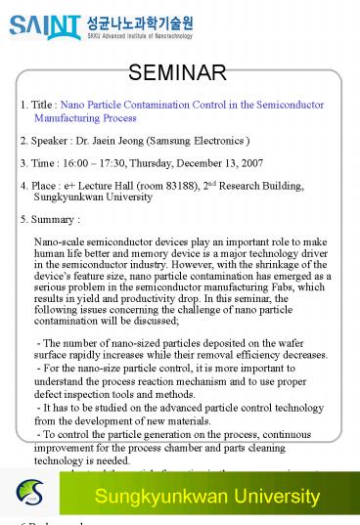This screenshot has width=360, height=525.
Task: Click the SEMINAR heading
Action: (179, 71)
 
